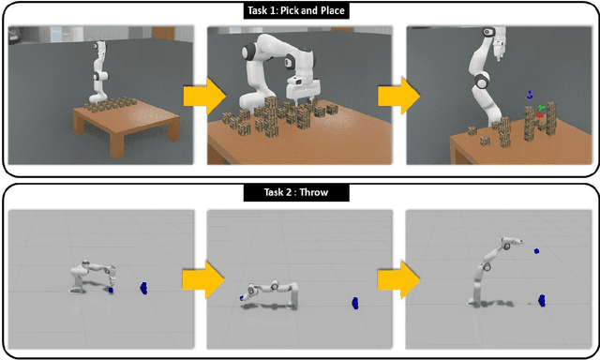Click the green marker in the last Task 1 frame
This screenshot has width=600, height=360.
click(540, 110)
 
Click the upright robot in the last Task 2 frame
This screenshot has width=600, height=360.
click(487, 272)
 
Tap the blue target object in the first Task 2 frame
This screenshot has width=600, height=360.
click(143, 286)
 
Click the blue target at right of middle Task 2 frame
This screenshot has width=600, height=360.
click(356, 303)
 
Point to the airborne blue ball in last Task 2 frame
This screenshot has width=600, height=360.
click(536, 251)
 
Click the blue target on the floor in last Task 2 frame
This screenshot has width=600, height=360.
click(543, 300)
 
